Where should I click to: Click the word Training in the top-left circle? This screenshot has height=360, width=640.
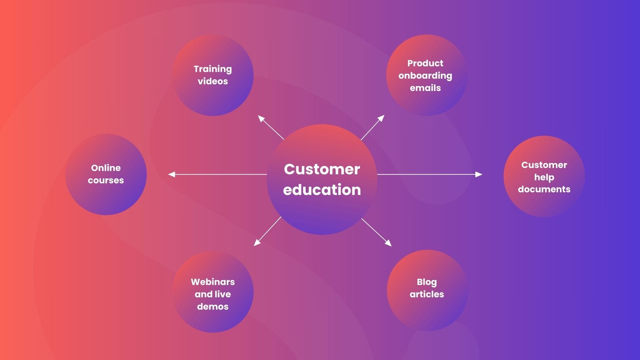click(213, 69)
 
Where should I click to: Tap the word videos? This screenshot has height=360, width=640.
click(213, 81)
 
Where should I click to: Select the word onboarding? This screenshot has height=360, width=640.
click(425, 76)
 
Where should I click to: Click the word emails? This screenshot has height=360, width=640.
click(425, 88)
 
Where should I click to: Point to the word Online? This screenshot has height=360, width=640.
click(106, 168)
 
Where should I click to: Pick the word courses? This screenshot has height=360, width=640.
click(106, 180)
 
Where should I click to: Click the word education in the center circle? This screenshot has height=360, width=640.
click(322, 190)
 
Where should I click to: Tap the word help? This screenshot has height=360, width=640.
click(544, 177)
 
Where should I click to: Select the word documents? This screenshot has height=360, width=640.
click(544, 189)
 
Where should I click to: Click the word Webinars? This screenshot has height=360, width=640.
click(213, 282)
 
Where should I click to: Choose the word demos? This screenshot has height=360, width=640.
click(213, 307)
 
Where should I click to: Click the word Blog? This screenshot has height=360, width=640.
click(427, 282)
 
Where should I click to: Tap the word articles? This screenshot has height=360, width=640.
click(427, 294)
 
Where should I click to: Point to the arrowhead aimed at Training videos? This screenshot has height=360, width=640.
click(261, 118)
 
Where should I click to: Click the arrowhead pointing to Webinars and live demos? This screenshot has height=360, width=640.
click(257, 243)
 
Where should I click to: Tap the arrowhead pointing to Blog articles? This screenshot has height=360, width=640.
click(389, 244)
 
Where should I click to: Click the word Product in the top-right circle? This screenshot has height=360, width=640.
click(425, 63)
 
